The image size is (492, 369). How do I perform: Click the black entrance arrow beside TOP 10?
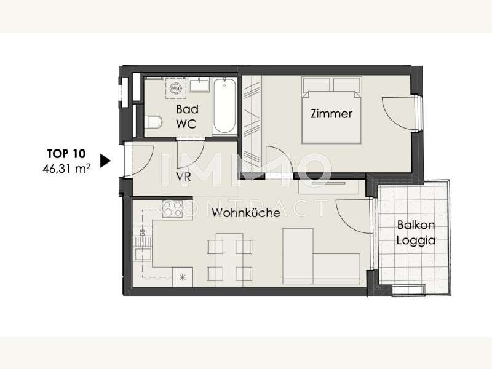(x=105, y=161)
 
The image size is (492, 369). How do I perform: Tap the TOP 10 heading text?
(x=66, y=154)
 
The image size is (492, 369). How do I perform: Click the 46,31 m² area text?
(x=66, y=169)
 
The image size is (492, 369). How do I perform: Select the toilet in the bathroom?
(x=153, y=122)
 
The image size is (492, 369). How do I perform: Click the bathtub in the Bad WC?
(x=224, y=106)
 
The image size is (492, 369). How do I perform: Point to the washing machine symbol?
(x=175, y=89)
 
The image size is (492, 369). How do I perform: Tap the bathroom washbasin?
(x=199, y=85)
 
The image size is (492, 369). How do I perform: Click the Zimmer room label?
(x=331, y=114)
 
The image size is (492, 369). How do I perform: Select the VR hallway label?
(x=183, y=177)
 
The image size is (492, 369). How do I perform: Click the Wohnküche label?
(x=245, y=213)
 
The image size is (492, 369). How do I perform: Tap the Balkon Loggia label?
(x=416, y=232)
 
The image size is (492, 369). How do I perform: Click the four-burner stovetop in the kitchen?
(x=173, y=209)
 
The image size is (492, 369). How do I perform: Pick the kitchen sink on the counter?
(x=143, y=253)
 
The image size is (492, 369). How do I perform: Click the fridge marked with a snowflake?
(x=182, y=277)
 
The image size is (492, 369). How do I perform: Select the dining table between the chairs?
(x=229, y=260)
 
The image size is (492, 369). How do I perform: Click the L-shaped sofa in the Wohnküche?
(x=320, y=256)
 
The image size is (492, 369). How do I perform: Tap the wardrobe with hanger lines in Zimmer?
(x=252, y=122)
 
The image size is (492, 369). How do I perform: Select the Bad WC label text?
(x=187, y=116)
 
